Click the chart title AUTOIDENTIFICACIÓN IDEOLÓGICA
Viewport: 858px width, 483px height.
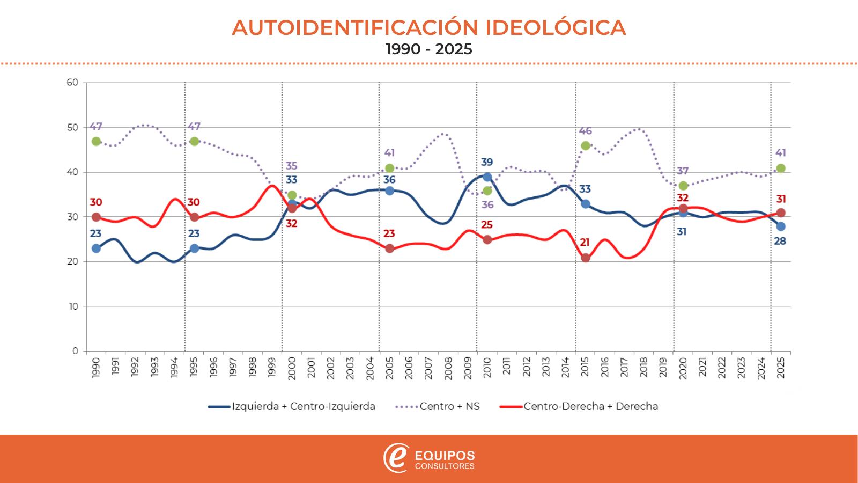(429, 28)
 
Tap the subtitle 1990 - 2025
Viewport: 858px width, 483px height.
(429, 49)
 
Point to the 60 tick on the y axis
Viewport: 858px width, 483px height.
(73, 83)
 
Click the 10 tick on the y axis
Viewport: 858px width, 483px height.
(73, 306)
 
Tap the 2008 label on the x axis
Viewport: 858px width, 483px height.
(448, 368)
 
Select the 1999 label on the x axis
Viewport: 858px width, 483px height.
(272, 368)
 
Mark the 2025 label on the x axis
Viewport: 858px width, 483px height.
(781, 368)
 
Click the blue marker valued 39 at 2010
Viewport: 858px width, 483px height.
(487, 177)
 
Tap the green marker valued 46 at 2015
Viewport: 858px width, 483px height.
(586, 145)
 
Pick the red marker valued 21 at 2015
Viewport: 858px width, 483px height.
(586, 258)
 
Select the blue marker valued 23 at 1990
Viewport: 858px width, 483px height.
(96, 248)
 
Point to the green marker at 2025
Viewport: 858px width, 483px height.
(781, 168)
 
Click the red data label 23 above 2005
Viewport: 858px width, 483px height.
(389, 234)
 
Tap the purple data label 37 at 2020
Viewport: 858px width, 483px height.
(683, 171)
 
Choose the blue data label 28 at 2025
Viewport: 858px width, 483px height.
(780, 241)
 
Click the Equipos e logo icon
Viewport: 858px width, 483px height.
(396, 458)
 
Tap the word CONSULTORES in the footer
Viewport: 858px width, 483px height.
(445, 466)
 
